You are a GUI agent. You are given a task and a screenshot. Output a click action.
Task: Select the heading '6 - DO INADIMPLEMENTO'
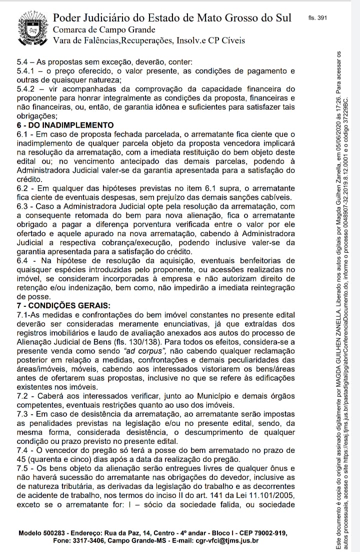coord(65,125)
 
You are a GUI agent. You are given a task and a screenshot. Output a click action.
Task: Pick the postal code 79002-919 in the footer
coord(270,533)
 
